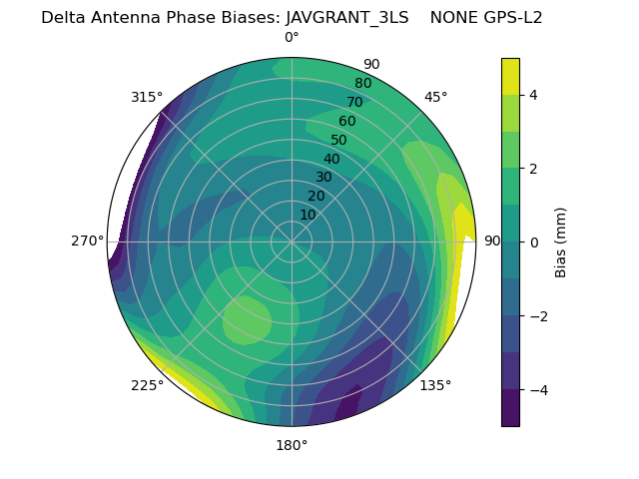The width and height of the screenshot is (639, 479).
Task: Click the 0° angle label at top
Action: click(x=292, y=38)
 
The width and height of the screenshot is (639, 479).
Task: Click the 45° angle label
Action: click(x=435, y=97)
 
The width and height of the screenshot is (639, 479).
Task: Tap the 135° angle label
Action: click(x=435, y=385)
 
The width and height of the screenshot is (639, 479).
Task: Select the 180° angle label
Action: click(x=292, y=445)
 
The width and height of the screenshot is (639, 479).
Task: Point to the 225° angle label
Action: click(x=147, y=386)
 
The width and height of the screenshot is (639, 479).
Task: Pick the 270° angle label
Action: click(x=88, y=240)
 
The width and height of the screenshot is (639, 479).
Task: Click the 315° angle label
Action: click(x=147, y=97)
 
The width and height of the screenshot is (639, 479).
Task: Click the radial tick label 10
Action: click(x=308, y=215)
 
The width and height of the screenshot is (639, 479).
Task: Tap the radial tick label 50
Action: click(x=338, y=140)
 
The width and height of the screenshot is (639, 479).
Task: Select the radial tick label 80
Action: click(x=362, y=83)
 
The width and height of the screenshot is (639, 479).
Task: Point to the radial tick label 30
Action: click(x=323, y=178)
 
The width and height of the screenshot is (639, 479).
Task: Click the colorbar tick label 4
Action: click(x=533, y=95)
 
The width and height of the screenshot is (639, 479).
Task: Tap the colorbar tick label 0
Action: click(x=533, y=241)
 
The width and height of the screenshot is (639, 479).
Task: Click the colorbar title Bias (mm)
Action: click(x=561, y=241)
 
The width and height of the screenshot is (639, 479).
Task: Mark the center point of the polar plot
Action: click(x=292, y=241)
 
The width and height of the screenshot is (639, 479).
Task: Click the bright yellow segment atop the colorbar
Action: click(x=510, y=76)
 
